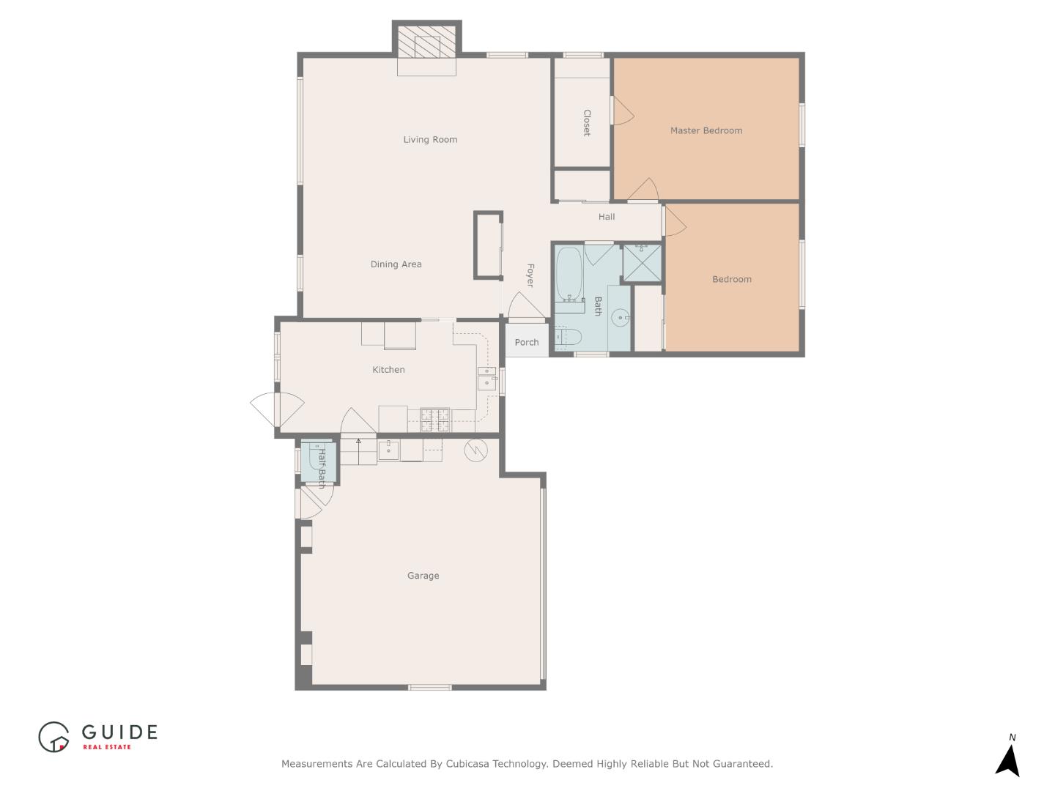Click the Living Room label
(x=430, y=139)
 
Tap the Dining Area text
(x=396, y=264)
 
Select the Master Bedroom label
(x=706, y=130)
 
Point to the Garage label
(x=423, y=576)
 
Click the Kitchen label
(x=388, y=370)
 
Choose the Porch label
(x=526, y=342)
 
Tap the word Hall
(x=606, y=217)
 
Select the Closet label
(x=587, y=123)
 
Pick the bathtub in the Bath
(x=569, y=274)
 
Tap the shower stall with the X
(x=642, y=262)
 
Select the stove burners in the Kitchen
(x=434, y=420)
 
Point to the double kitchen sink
(x=486, y=377)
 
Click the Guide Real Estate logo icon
(x=53, y=737)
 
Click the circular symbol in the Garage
(x=475, y=450)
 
